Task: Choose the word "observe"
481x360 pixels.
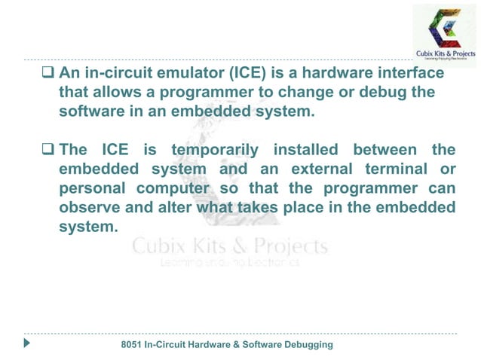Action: (x=90, y=206)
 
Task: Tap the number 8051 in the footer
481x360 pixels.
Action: (x=136, y=344)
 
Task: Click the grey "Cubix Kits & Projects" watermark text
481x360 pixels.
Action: (x=230, y=247)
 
